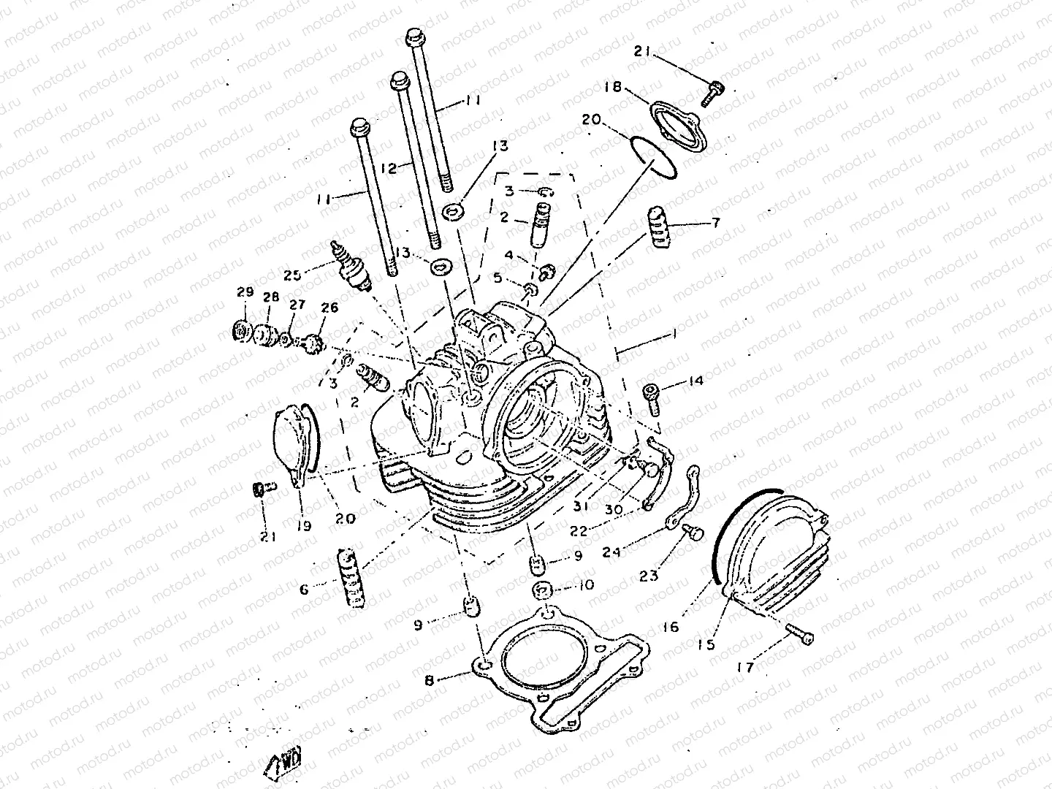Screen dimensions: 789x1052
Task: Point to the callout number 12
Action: point(389,169)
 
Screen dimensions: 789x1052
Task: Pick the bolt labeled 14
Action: point(651,396)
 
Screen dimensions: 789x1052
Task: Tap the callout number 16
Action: point(671,627)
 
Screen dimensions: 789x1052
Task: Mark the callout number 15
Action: point(705,645)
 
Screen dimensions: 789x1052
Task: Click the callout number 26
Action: point(329,308)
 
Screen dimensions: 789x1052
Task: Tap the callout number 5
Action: point(517,278)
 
